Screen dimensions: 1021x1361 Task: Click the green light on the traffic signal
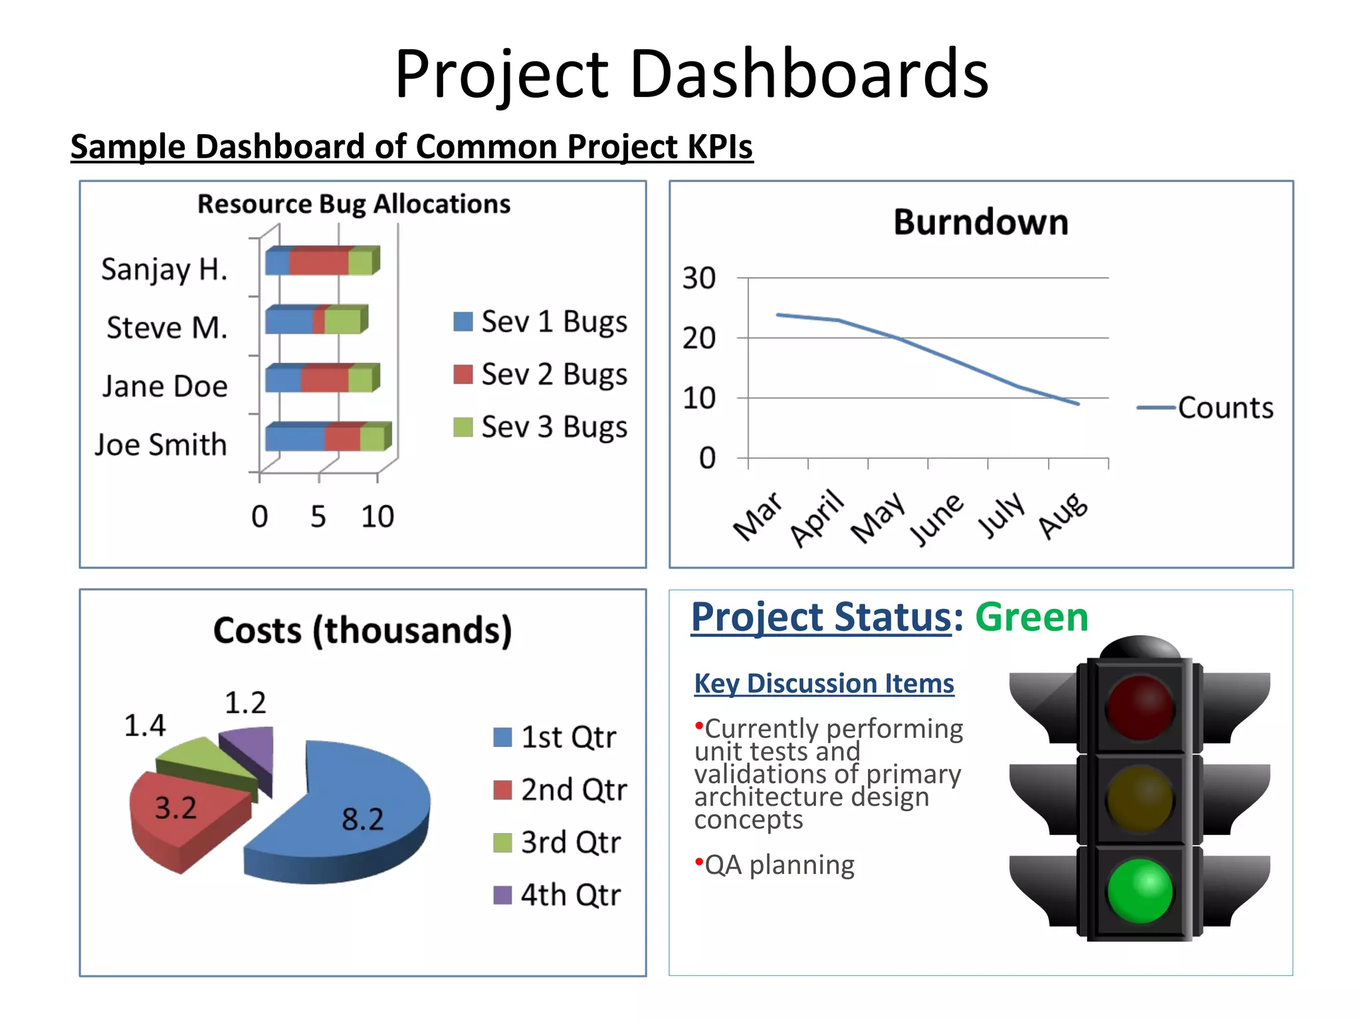click(x=1140, y=891)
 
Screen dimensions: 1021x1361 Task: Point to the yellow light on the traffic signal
click(x=1140, y=799)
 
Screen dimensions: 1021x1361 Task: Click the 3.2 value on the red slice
click(x=175, y=808)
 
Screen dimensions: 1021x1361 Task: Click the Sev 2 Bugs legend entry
click(x=540, y=374)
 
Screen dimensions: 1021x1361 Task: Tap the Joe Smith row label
click(x=161, y=445)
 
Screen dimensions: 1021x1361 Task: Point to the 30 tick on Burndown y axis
click(x=698, y=278)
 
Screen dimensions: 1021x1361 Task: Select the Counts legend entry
click(x=1206, y=407)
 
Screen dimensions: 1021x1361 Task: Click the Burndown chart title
click(x=981, y=222)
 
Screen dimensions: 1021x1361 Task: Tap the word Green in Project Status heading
click(x=1031, y=617)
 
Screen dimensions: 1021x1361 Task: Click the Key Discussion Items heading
click(x=824, y=683)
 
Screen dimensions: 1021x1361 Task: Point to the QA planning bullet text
click(x=779, y=865)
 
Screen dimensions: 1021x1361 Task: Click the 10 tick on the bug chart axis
click(x=377, y=516)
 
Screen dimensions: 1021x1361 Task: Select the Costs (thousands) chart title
click(x=363, y=630)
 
